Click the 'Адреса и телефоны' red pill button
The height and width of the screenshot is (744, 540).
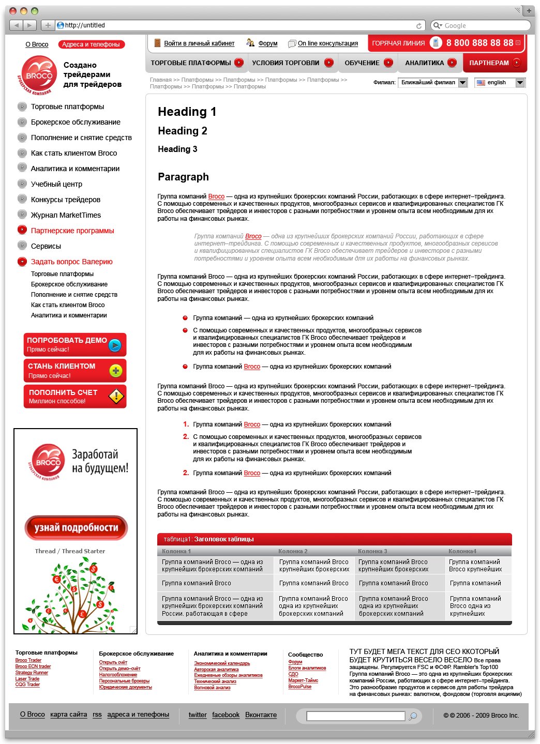[91, 44]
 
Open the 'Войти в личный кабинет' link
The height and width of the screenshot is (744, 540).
[199, 43]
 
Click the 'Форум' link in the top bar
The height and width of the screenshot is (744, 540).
[267, 43]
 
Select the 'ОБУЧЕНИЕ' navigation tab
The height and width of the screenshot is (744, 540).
[362, 63]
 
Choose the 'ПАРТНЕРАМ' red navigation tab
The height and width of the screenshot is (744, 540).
[489, 63]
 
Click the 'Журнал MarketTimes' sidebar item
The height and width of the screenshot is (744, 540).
[66, 215]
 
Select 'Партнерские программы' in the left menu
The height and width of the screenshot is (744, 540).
[72, 231]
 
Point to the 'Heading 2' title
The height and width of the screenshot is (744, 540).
[183, 131]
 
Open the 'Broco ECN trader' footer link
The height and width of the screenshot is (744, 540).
[33, 666]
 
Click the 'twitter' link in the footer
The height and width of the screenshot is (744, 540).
[198, 715]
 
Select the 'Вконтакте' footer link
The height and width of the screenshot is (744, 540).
[261, 715]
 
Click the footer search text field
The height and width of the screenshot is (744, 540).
[355, 716]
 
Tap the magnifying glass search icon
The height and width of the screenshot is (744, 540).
[413, 716]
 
